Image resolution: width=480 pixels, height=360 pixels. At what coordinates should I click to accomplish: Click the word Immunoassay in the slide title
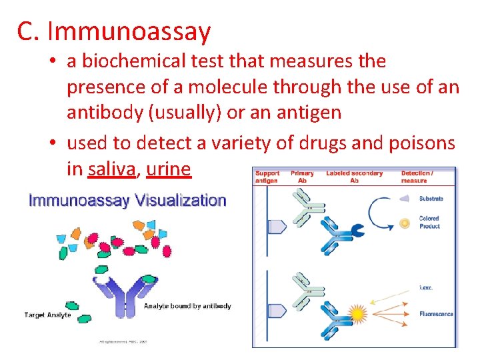[129, 31]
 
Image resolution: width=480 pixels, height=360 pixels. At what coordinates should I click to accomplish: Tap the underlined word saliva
[111, 169]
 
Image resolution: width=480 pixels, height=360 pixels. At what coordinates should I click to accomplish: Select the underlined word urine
[168, 169]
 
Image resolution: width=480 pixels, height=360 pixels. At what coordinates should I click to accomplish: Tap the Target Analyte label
[48, 315]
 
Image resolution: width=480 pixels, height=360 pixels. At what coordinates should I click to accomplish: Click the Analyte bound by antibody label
[187, 306]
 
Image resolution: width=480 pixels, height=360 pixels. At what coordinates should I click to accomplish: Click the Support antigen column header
[267, 177]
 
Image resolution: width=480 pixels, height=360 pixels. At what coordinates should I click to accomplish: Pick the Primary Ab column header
[302, 177]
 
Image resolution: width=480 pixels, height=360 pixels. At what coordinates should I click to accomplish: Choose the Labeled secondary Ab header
[354, 177]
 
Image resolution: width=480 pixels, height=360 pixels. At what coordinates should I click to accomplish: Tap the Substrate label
[431, 199]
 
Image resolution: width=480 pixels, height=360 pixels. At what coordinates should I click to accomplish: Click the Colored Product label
[429, 223]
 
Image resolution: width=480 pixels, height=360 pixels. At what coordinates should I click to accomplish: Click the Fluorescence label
[436, 314]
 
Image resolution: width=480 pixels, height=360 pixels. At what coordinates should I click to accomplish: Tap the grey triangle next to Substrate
[404, 198]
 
